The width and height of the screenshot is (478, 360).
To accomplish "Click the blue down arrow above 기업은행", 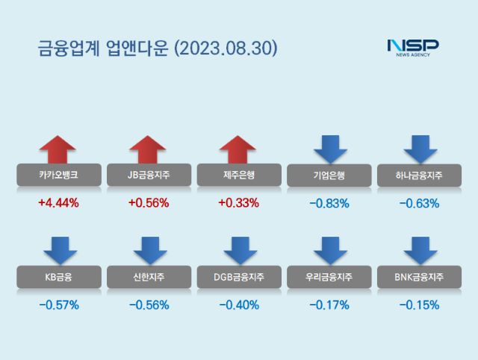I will [x=329, y=148].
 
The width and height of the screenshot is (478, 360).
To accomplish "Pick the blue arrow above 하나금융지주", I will [x=419, y=148].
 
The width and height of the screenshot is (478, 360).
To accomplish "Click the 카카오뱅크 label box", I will [x=58, y=176].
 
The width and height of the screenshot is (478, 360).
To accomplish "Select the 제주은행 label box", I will [x=238, y=176].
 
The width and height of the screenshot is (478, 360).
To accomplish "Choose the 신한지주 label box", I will [x=148, y=278].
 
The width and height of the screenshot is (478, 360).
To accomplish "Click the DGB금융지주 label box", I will [x=238, y=278].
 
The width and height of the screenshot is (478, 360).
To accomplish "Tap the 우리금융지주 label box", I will [x=329, y=278].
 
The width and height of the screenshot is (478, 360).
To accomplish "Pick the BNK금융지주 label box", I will [x=419, y=278].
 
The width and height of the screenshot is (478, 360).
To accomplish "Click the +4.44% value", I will [x=58, y=202].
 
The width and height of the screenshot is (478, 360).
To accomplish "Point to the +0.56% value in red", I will [x=148, y=202].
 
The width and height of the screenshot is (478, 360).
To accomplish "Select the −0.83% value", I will [x=329, y=202].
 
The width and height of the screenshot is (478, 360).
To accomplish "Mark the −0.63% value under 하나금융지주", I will [x=419, y=202].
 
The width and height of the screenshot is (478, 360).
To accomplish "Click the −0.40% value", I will [x=238, y=305].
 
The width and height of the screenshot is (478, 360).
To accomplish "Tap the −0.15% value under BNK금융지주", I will [x=419, y=305].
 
